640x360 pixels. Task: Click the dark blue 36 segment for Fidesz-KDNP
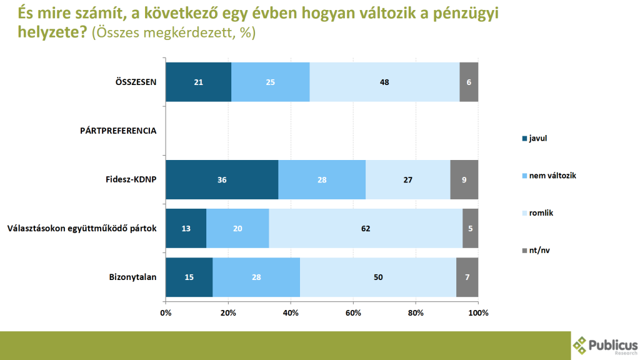(x=222, y=179)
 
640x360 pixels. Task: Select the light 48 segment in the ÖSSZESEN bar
(x=384, y=82)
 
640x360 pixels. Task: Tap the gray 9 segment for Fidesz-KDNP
(x=464, y=179)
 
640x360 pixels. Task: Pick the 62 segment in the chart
(x=366, y=228)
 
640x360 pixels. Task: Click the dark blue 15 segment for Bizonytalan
(x=189, y=277)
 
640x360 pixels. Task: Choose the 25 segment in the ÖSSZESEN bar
(x=270, y=82)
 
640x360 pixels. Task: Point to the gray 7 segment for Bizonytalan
(x=467, y=277)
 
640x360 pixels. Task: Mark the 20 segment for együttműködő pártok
(x=238, y=228)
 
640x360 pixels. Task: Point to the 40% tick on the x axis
(x=291, y=312)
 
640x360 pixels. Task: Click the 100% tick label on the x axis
(x=478, y=312)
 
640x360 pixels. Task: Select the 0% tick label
(x=166, y=312)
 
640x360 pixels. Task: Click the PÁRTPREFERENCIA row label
(x=118, y=131)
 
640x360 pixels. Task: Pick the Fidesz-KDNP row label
(x=131, y=179)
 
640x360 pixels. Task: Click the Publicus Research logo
(x=605, y=345)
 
